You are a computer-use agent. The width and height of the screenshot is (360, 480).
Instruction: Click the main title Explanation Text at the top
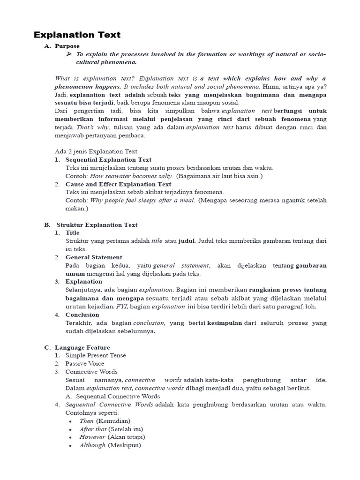pyautogui.click(x=77, y=35)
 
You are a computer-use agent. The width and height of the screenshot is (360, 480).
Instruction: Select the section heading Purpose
pyautogui.click(x=67, y=46)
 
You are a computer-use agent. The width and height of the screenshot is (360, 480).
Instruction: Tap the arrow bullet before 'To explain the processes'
pyautogui.click(x=69, y=54)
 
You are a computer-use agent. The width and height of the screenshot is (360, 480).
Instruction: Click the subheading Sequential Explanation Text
pyautogui.click(x=108, y=160)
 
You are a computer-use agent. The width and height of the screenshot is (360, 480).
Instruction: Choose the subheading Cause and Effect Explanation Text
pyautogui.click(x=118, y=184)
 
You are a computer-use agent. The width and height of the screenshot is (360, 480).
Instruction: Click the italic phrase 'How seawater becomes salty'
pyautogui.click(x=132, y=176)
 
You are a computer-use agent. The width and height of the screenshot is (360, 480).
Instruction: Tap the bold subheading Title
pyautogui.click(x=72, y=232)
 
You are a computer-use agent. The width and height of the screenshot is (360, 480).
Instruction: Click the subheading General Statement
pyautogui.click(x=94, y=257)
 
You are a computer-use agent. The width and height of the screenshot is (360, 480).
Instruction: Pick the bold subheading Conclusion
pyautogui.click(x=82, y=315)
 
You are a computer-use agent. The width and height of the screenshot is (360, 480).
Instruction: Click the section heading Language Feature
pyautogui.click(x=82, y=347)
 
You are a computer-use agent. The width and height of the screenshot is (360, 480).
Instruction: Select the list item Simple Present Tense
pyautogui.click(x=96, y=355)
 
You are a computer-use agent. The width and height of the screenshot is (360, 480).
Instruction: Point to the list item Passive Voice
pyautogui.click(x=85, y=363)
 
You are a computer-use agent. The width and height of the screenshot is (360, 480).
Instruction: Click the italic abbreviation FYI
pyautogui.click(x=121, y=307)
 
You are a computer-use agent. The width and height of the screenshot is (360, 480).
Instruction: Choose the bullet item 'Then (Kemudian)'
pyautogui.click(x=105, y=421)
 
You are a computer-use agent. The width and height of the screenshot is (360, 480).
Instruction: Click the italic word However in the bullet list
pyautogui.click(x=92, y=437)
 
